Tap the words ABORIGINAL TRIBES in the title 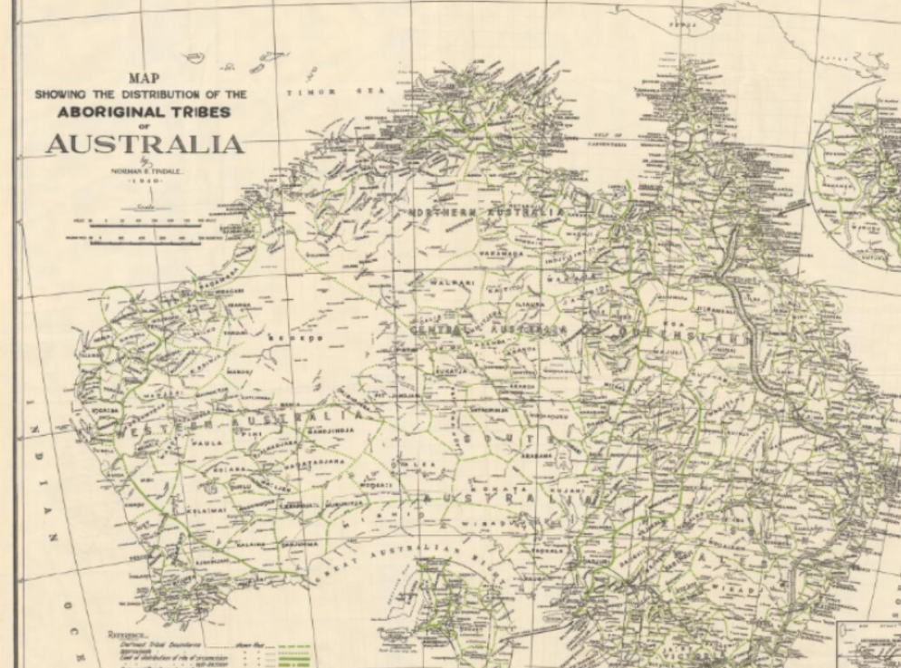click(145, 111)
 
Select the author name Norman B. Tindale click(144, 170)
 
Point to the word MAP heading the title click(145, 79)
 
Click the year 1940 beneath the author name click(144, 181)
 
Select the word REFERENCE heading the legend click(128, 634)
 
